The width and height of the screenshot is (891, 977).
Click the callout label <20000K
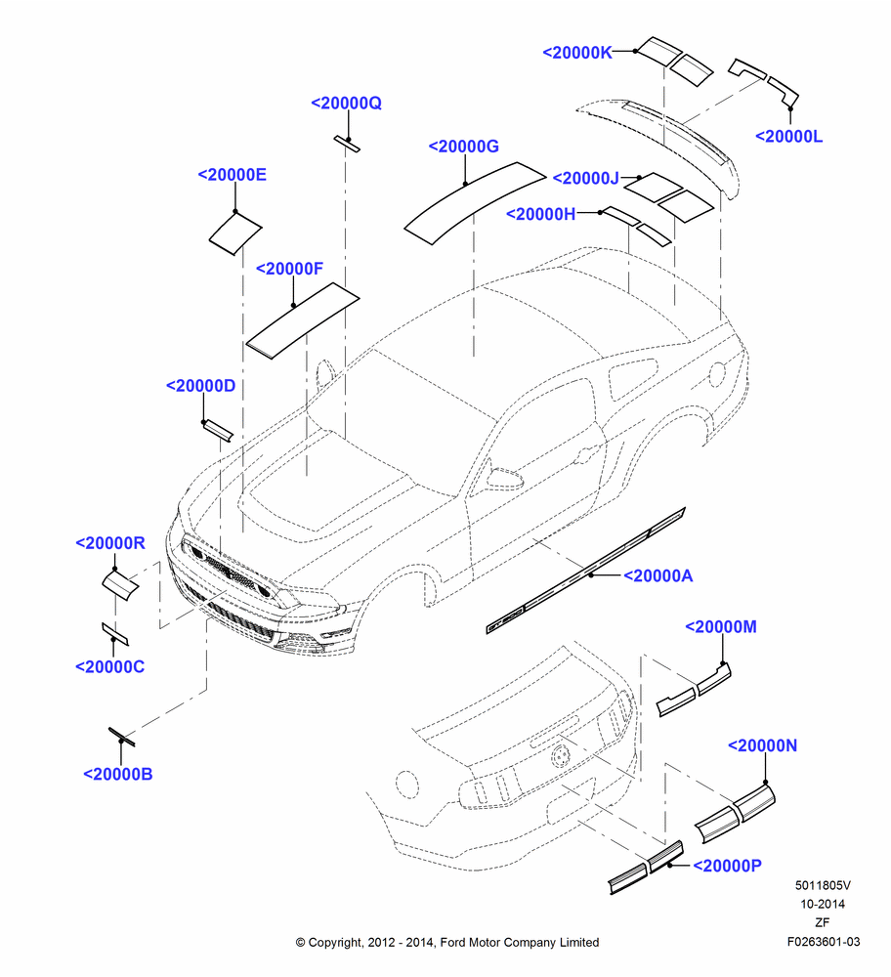click(577, 53)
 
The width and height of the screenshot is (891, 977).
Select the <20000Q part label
click(346, 103)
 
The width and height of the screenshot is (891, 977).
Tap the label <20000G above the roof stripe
click(463, 147)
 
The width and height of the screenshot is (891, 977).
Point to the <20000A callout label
click(658, 575)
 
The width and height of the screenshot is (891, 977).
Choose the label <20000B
click(118, 774)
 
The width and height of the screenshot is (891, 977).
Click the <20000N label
click(762, 745)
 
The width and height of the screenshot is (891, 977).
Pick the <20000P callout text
click(727, 866)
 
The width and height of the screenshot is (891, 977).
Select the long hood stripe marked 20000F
click(303, 320)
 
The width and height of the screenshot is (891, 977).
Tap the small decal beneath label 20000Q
click(347, 144)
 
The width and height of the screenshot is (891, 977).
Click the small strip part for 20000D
click(218, 431)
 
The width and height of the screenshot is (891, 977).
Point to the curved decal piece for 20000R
click(120, 584)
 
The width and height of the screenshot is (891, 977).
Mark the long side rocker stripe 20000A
click(585, 571)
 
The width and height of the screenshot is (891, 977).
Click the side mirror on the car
click(503, 479)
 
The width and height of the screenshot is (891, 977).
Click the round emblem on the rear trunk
click(560, 756)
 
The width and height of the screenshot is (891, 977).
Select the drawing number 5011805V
click(823, 885)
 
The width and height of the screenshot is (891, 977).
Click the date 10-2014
click(823, 904)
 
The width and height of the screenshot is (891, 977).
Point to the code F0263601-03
click(823, 942)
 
